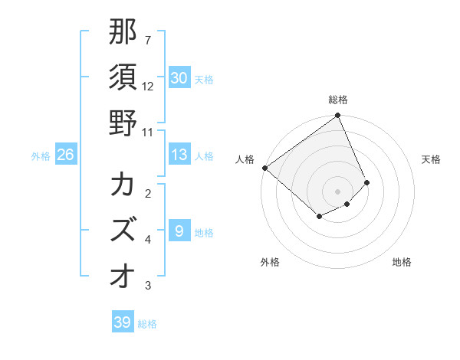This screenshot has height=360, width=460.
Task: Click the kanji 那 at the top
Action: tap(123, 31)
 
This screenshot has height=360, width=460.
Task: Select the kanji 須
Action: tap(123, 77)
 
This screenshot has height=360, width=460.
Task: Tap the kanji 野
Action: tap(123, 123)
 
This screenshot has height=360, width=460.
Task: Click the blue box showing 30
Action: tap(179, 77)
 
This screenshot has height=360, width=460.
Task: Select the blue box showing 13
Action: tap(179, 155)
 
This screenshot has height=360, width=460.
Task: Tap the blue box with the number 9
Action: tap(179, 231)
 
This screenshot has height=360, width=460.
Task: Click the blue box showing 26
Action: tap(65, 155)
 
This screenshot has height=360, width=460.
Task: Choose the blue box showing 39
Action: tap(122, 322)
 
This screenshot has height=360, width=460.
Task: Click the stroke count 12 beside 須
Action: tap(148, 87)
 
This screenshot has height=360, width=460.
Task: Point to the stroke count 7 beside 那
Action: tap(147, 40)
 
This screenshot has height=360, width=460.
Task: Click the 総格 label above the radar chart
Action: tap(338, 100)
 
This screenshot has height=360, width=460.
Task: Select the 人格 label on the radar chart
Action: tap(245, 159)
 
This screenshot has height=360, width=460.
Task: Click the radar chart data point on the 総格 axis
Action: tap(338, 116)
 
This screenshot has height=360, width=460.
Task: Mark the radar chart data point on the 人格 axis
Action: tap(264, 168)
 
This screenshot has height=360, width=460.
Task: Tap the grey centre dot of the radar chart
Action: tap(338, 191)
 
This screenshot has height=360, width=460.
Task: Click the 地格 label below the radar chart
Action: tap(402, 262)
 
